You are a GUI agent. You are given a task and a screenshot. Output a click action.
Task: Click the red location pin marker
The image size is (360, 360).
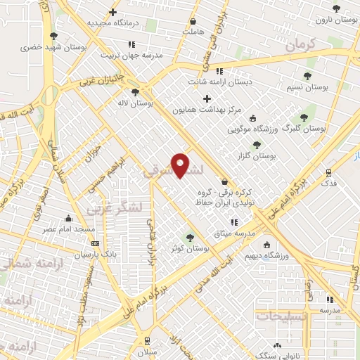[181, 164]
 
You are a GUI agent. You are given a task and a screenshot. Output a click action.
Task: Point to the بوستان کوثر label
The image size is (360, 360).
[185, 248]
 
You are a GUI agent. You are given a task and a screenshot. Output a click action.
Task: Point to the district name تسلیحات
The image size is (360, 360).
[282, 316]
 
